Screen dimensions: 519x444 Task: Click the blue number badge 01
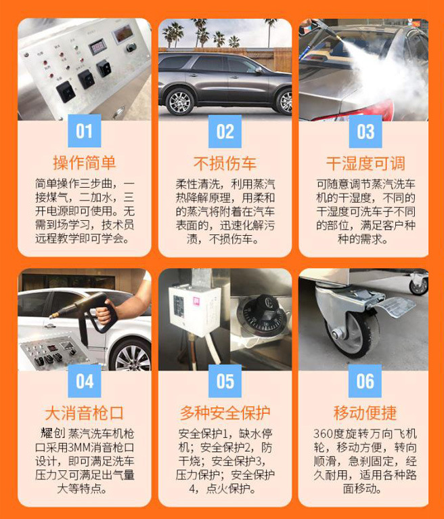click(85, 130)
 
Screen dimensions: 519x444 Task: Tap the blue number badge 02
click(225, 130)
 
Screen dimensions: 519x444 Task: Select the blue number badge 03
click(365, 130)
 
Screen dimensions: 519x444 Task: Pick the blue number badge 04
click(85, 380)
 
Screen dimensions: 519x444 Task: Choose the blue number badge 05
click(225, 380)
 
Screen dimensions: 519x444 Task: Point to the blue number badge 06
click(365, 380)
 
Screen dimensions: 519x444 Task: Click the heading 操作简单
click(85, 163)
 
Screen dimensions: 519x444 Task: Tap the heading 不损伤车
click(225, 163)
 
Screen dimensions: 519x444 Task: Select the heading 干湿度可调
click(365, 163)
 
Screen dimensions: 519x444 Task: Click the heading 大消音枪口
click(85, 413)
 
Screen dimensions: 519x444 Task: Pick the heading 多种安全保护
click(225, 413)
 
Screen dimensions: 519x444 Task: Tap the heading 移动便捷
click(365, 413)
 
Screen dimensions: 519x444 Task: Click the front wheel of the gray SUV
click(180, 102)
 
